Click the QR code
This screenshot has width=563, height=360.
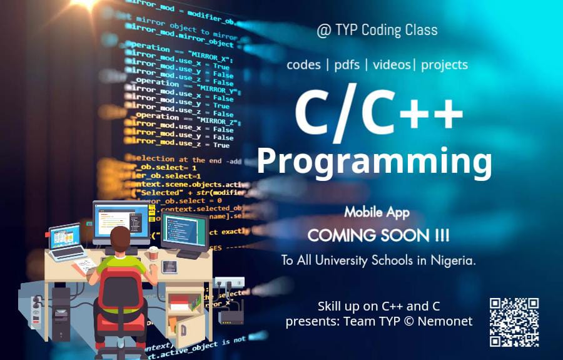514,322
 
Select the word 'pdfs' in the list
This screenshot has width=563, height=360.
347,64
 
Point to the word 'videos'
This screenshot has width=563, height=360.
391,64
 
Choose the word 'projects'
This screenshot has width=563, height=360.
444,65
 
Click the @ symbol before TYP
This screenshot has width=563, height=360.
323,31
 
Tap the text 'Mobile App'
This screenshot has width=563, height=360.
377,212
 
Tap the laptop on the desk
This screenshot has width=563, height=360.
66,243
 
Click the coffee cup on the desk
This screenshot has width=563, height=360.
153,253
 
